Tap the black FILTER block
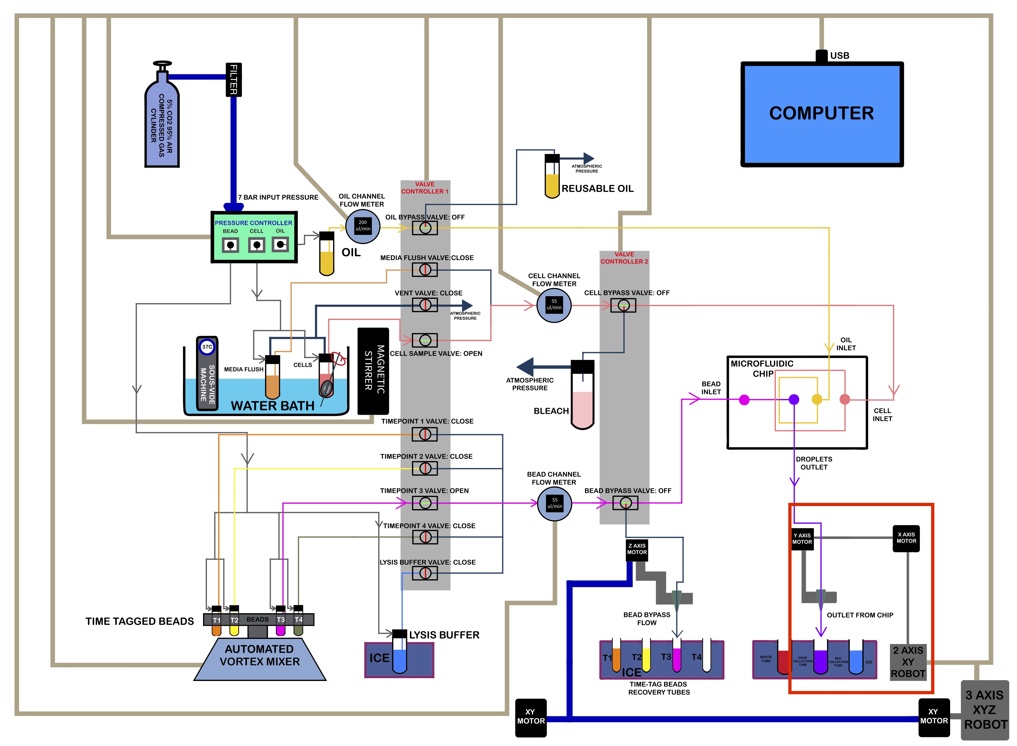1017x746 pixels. coord(234,80)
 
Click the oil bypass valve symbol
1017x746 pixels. coord(425,228)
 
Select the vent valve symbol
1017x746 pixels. coord(425,305)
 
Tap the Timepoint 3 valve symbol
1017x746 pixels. coord(425,503)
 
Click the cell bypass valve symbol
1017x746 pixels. coord(623,306)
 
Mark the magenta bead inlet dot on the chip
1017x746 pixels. coord(744,400)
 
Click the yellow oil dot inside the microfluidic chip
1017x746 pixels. coord(817,399)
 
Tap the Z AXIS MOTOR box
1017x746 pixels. coord(637,550)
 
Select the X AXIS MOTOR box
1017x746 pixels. coord(906,538)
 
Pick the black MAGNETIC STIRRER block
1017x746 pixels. coord(373,371)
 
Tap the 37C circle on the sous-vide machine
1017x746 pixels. coord(207,347)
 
